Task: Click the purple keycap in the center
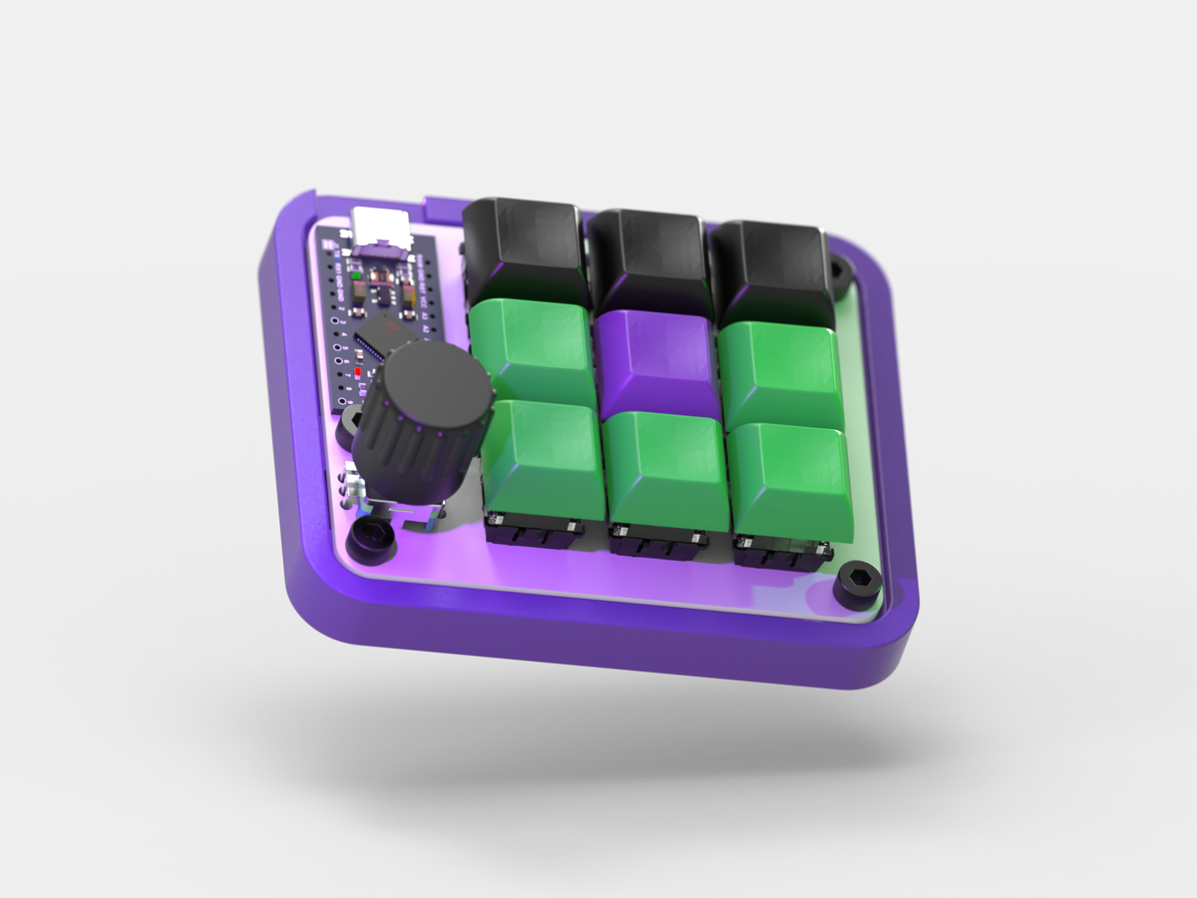coord(656,361)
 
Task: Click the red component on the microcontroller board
coord(358,371)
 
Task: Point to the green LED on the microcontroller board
coord(356,274)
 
